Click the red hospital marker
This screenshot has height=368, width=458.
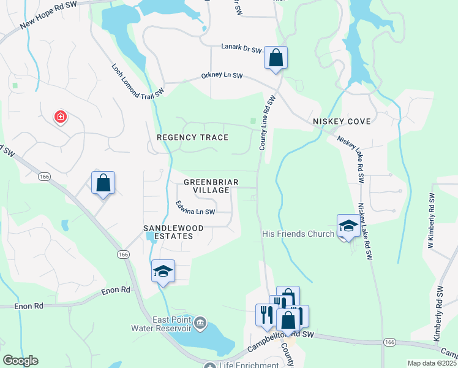pos(60,116)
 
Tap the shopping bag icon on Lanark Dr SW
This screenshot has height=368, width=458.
pos(276,58)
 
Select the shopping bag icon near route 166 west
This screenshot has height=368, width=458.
pos(103,183)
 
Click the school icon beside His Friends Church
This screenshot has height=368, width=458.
pos(348,225)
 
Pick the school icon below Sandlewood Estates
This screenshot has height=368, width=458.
pos(163,271)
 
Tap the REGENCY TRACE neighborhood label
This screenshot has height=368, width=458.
pos(192,137)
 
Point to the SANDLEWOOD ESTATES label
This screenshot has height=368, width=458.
pos(173,232)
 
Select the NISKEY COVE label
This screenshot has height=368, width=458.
pos(342,121)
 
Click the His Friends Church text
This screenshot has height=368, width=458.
pos(298,234)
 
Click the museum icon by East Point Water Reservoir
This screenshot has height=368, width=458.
pos(200,323)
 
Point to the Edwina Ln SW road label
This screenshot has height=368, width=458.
pos(195,209)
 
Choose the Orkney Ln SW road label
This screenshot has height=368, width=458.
pos(222,76)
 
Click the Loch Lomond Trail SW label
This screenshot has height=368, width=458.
pos(138,80)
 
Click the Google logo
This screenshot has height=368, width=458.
pos(20,361)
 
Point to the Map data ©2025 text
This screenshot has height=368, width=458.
pos(431,363)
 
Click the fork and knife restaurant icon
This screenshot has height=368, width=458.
pos(266,314)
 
